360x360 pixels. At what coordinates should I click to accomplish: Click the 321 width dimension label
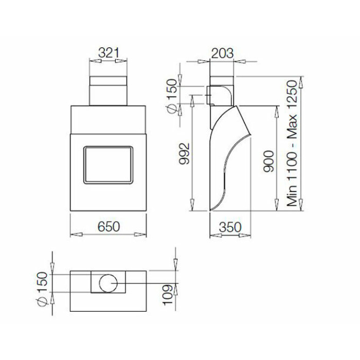tap(109, 53)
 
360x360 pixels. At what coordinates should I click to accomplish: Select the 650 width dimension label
tap(109, 227)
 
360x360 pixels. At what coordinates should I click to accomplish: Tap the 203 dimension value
tap(222, 53)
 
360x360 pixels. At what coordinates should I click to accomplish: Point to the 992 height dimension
tap(185, 154)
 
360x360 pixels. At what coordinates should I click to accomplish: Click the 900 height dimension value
tap(268, 161)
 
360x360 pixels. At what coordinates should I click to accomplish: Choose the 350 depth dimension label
tap(230, 227)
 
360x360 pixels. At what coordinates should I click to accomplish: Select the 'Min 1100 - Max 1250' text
tap(292, 143)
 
